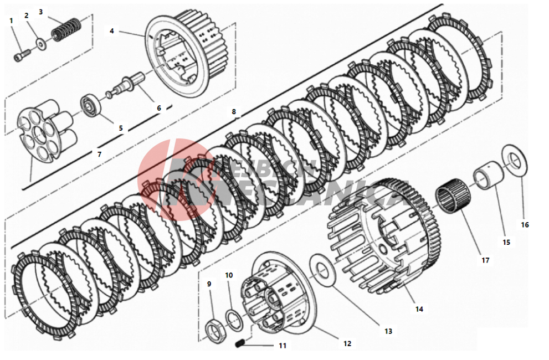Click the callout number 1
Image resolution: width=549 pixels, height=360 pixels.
tap(11, 20)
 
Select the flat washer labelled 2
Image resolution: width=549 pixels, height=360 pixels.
tap(40, 44)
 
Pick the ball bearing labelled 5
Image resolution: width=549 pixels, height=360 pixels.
tap(90, 105)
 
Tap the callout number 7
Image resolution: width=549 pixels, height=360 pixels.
tap(100, 155)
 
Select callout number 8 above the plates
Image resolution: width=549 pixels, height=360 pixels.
tap(234, 111)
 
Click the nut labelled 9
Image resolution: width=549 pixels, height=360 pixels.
tap(213, 330)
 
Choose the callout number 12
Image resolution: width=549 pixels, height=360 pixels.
tap(347, 343)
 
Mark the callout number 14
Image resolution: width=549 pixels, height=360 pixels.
tap(419, 308)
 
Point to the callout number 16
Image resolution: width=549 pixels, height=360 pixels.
tap(525, 225)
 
